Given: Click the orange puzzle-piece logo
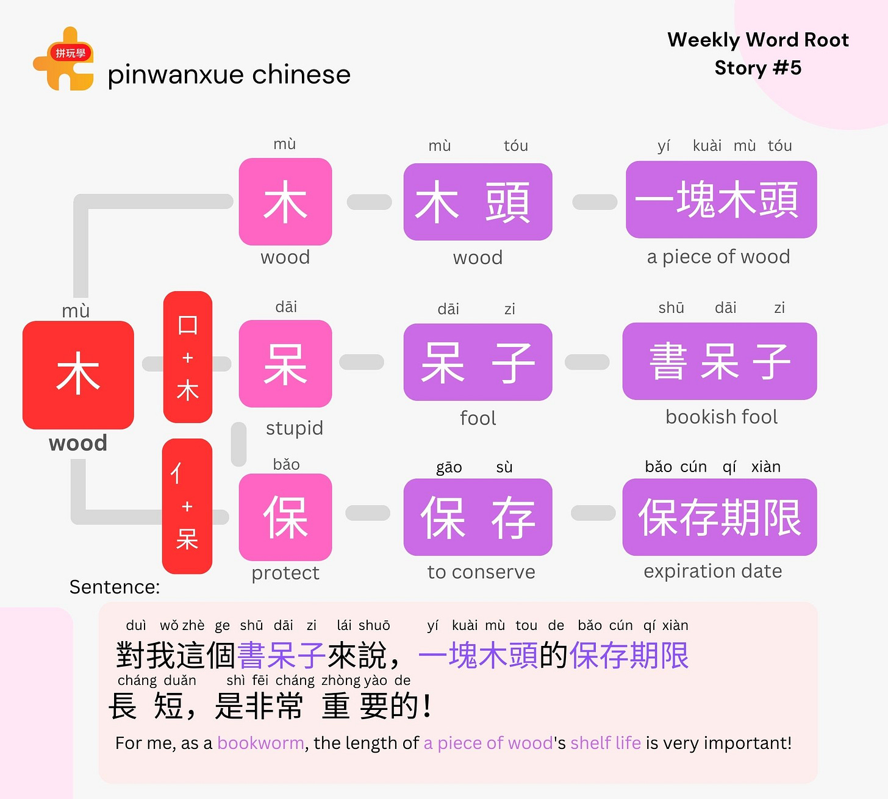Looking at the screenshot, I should pyautogui.click(x=63, y=60).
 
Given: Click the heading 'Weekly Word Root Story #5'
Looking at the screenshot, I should pyautogui.click(x=757, y=54).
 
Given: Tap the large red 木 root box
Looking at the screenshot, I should pyautogui.click(x=78, y=374).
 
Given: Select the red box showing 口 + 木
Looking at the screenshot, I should pyautogui.click(x=188, y=357).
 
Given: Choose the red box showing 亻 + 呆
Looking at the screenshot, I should pyautogui.click(x=187, y=506).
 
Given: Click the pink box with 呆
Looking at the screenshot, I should pyautogui.click(x=285, y=364).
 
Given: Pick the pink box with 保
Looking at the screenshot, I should pyautogui.click(x=285, y=517).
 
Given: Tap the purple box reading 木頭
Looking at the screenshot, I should pyautogui.click(x=478, y=202).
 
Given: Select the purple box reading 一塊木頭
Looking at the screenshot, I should pyautogui.click(x=721, y=199).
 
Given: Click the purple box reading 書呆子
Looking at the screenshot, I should pyautogui.click(x=720, y=361).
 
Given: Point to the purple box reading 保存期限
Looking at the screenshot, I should pyautogui.click(x=720, y=517).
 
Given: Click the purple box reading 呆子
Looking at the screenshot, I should pyautogui.click(x=478, y=362).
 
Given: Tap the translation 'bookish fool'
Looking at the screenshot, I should pyautogui.click(x=722, y=417).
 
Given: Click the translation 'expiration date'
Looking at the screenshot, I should pyautogui.click(x=713, y=571).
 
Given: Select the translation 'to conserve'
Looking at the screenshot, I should pyautogui.click(x=481, y=572).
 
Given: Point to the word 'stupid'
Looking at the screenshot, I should pyautogui.click(x=295, y=428).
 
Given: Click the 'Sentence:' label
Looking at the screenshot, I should pyautogui.click(x=115, y=587).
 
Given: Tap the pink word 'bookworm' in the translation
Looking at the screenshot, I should pyautogui.click(x=260, y=743).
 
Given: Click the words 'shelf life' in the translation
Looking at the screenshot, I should pyautogui.click(x=606, y=743).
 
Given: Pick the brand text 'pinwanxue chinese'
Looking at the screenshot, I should pyautogui.click(x=229, y=75).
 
